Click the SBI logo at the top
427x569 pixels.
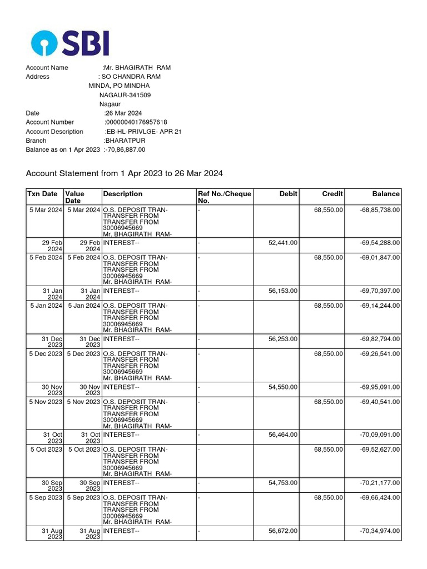(70, 43)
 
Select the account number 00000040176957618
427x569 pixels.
(136, 122)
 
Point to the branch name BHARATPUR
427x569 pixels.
(126, 141)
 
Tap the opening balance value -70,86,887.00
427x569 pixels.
(126, 149)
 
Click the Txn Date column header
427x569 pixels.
(42, 194)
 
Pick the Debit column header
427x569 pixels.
(289, 194)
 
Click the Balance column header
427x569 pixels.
(386, 194)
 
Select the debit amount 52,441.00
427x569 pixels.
(283, 243)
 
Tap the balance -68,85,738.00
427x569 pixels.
(380, 210)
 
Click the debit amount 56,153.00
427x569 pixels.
(283, 291)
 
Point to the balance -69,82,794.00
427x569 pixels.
(380, 339)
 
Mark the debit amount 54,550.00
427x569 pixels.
(283, 387)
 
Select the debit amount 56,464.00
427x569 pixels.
(283, 435)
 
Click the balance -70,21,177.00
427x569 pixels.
(380, 483)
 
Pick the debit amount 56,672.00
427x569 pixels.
(283, 531)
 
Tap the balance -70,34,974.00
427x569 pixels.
(380, 531)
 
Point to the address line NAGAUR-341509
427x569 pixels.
(125, 95)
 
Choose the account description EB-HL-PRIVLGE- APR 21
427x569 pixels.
(144, 132)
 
